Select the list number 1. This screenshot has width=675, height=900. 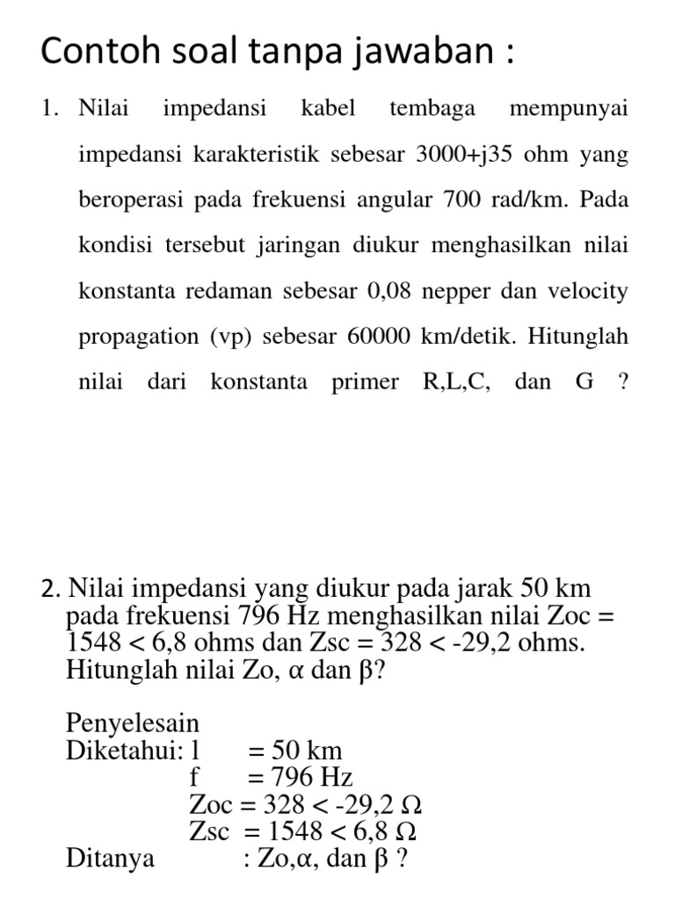[x=47, y=109]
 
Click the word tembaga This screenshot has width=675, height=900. [x=432, y=109]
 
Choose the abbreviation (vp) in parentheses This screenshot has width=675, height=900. [x=231, y=337]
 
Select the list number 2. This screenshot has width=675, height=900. [x=48, y=588]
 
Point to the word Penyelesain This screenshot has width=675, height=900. [x=133, y=724]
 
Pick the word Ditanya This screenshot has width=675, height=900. [x=111, y=858]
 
